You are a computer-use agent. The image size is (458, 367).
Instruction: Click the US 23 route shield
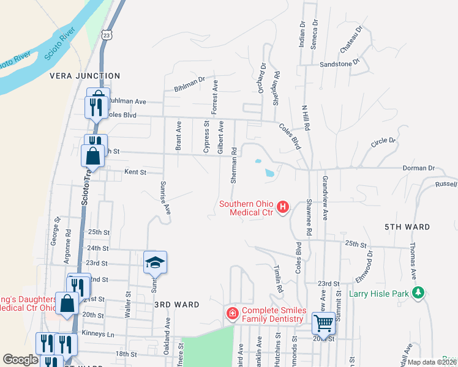click(107, 36)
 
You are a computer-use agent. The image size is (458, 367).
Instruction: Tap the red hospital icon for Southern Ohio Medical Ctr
click(283, 207)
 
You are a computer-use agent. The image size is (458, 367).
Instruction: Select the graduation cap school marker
click(156, 262)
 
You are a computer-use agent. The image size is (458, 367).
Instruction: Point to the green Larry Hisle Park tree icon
click(418, 293)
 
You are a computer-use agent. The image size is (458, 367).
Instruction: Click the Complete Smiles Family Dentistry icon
click(232, 314)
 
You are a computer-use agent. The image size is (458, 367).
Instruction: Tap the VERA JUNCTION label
click(84, 76)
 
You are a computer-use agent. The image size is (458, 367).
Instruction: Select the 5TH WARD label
click(407, 227)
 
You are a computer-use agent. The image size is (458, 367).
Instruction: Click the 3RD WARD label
click(177, 304)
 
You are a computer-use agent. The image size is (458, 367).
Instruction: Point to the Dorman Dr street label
click(418, 168)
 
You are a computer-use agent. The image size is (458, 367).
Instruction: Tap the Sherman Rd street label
click(234, 166)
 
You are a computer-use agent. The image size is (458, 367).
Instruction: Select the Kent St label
click(135, 172)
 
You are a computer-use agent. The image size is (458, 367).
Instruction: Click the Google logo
click(20, 360)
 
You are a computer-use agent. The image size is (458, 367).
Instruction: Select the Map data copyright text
click(432, 362)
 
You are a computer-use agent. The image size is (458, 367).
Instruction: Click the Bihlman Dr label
click(187, 81)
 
